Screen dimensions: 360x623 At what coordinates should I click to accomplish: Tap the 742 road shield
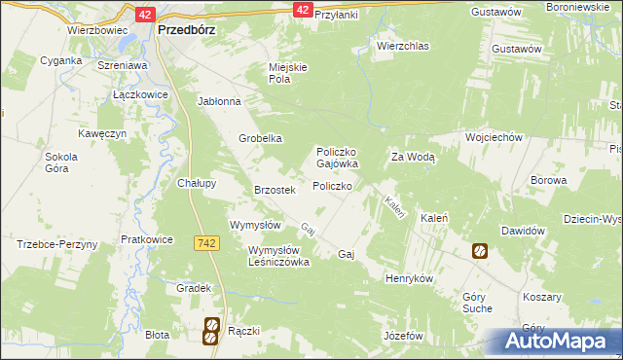[x=204, y=242]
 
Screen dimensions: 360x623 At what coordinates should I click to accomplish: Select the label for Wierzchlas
[x=402, y=45]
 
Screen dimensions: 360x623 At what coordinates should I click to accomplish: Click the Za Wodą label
[x=413, y=157]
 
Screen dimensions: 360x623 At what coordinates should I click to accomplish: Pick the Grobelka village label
[x=261, y=138]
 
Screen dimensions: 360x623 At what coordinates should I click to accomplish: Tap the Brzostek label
[x=274, y=190]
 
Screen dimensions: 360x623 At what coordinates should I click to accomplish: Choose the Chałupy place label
[x=196, y=182]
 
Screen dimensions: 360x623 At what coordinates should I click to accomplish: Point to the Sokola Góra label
[x=60, y=162]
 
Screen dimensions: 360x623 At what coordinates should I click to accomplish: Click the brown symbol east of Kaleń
[x=480, y=251]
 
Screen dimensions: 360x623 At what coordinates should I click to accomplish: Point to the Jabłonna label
[x=218, y=101]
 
